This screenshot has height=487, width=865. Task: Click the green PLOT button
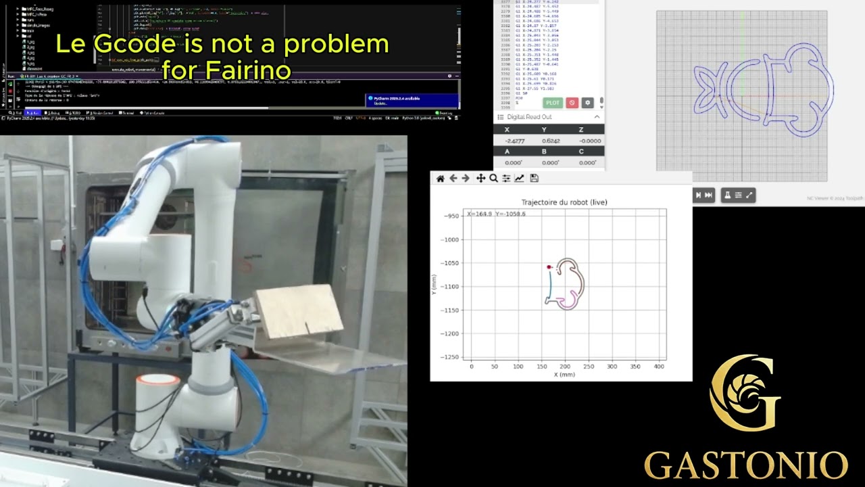pyautogui.click(x=553, y=103)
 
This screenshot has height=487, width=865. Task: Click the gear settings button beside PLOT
pyautogui.click(x=587, y=103)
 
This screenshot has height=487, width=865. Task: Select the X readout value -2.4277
pyautogui.click(x=514, y=141)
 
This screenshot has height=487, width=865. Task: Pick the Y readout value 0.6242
pyautogui.click(x=551, y=141)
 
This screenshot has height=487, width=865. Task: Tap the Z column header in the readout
pyautogui.click(x=580, y=129)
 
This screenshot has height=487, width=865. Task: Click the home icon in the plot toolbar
pyautogui.click(x=441, y=179)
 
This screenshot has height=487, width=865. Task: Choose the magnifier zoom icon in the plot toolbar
pyautogui.click(x=493, y=179)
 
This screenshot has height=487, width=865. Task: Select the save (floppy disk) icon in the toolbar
pyautogui.click(x=534, y=179)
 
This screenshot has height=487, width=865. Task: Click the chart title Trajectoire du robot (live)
pyautogui.click(x=564, y=202)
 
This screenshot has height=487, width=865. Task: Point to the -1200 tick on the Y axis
pyautogui.click(x=450, y=333)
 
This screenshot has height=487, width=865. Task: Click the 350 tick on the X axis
pyautogui.click(x=635, y=366)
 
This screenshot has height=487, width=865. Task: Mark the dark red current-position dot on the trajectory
pyautogui.click(x=549, y=267)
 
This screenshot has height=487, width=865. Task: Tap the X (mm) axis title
pyautogui.click(x=564, y=374)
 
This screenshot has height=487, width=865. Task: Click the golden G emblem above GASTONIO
pyautogui.click(x=745, y=392)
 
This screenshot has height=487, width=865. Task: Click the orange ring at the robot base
pyautogui.click(x=157, y=380)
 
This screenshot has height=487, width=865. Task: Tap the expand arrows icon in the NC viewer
pyautogui.click(x=749, y=195)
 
